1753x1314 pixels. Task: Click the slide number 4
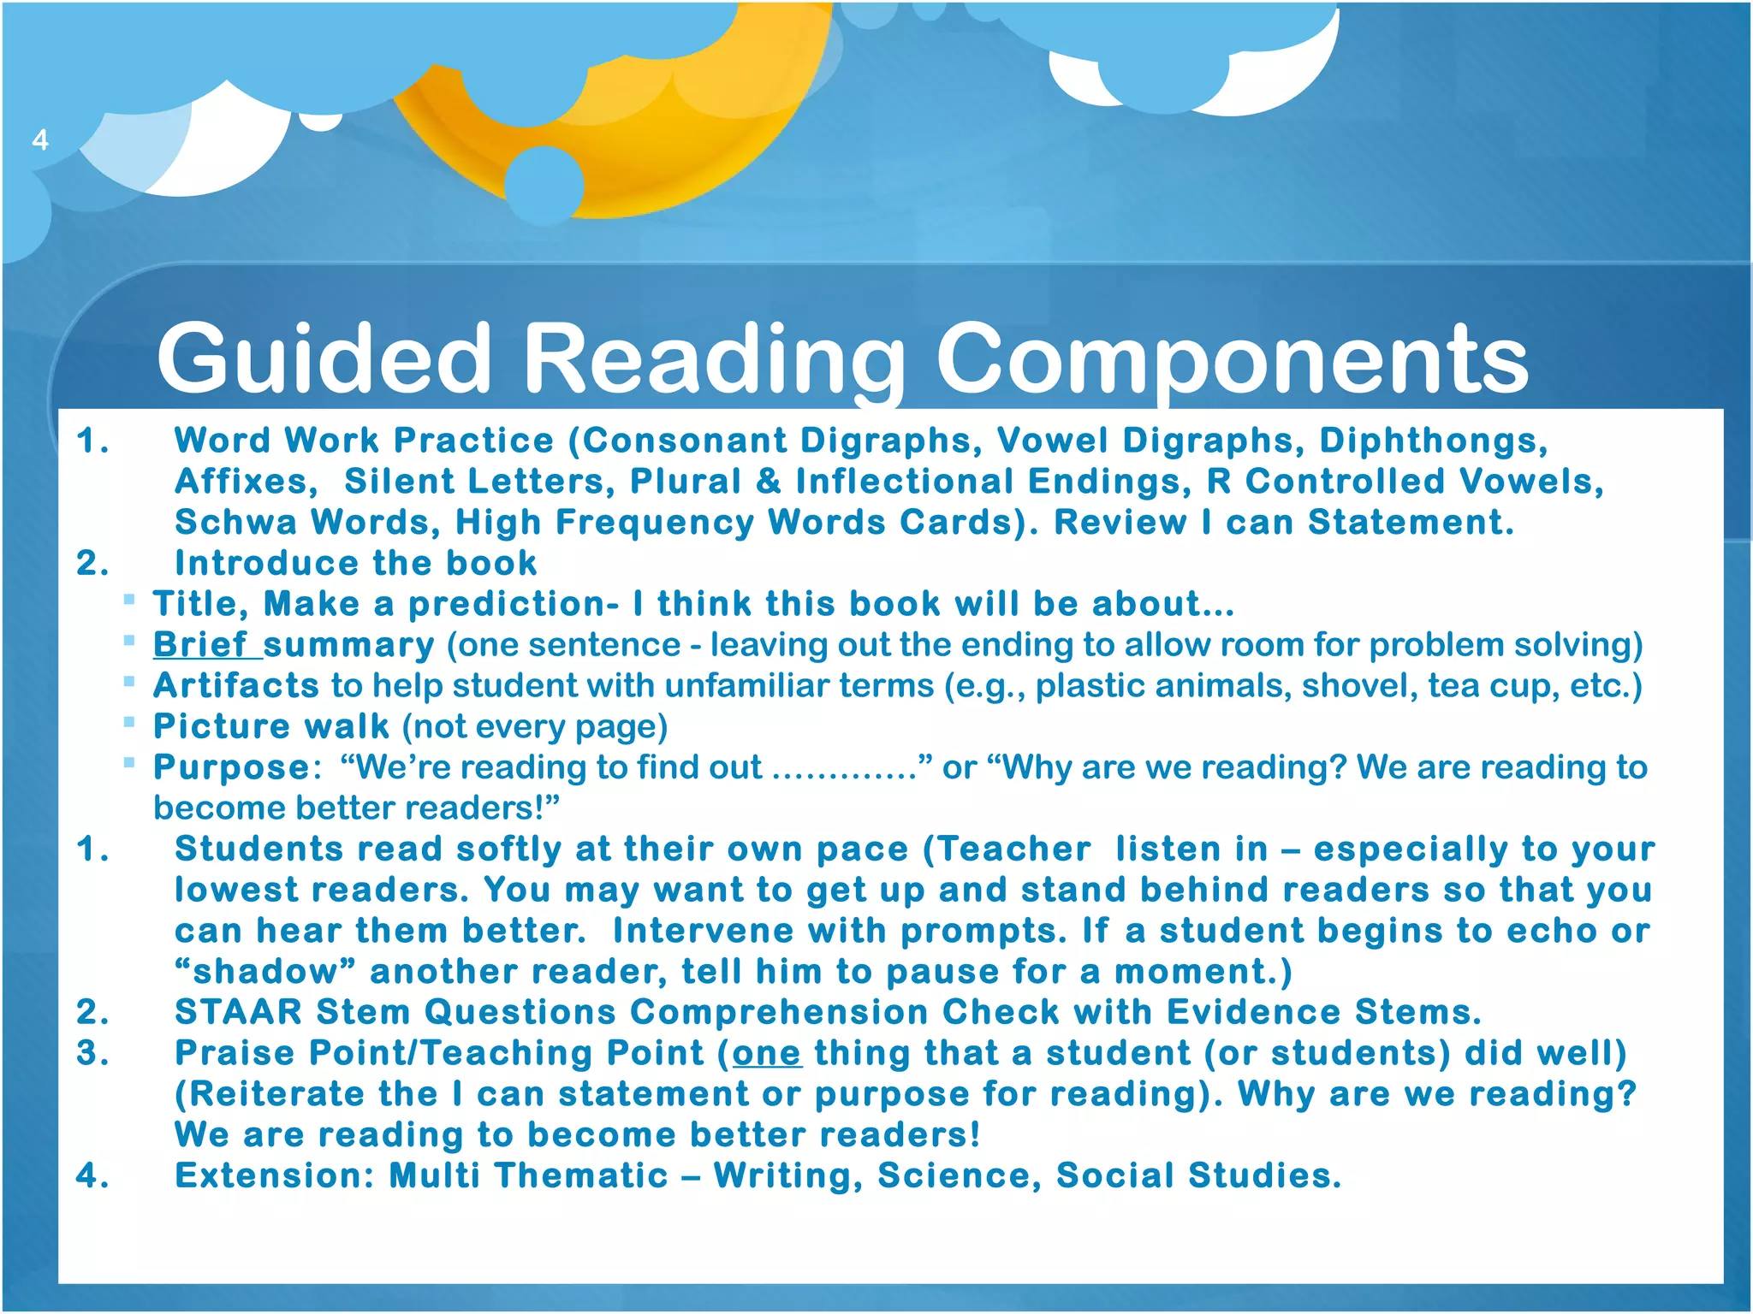coord(39,139)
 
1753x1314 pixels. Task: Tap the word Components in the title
coord(1232,359)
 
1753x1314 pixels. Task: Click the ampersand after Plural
coord(768,482)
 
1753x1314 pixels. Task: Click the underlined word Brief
coord(200,645)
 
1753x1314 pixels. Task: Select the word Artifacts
coord(236,686)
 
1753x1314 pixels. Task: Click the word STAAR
coord(238,1012)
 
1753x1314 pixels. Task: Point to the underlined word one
coord(766,1053)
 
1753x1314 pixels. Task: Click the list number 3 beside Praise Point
coord(92,1053)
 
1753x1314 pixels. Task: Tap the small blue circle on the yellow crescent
coord(544,184)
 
